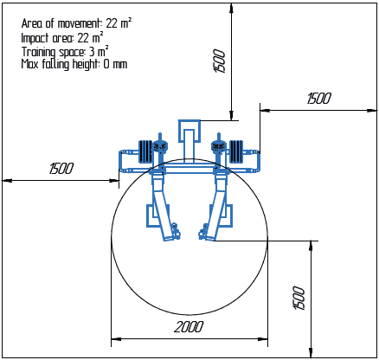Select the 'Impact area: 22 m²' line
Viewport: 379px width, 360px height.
62,37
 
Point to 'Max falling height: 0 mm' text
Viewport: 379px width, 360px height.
74,64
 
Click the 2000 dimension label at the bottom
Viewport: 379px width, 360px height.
189,326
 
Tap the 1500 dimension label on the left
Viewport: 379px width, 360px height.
61,169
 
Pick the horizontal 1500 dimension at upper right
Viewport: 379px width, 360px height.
318,99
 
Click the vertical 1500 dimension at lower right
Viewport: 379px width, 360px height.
299,299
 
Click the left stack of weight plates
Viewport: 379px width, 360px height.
145,151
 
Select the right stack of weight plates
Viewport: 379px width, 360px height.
234,151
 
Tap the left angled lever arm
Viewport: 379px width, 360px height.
162,203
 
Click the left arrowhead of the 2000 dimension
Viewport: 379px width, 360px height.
114,338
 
